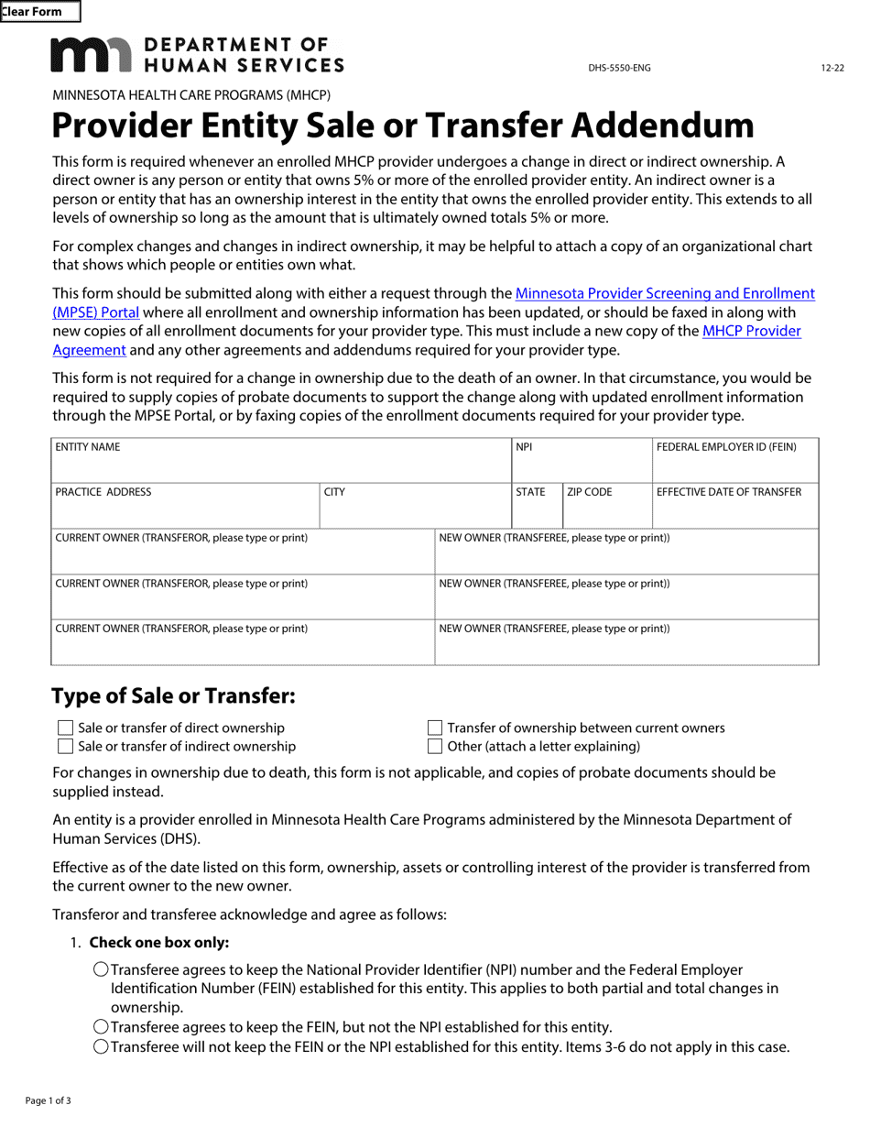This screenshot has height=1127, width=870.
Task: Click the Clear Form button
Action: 39,12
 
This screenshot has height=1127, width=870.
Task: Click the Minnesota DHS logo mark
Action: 91,55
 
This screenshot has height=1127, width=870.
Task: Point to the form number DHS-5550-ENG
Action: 619,68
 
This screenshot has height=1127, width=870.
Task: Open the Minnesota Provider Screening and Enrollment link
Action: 664,294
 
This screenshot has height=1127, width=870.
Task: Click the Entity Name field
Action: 280,465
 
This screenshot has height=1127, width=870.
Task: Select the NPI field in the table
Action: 581,465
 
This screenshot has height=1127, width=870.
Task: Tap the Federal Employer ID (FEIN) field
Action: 734,465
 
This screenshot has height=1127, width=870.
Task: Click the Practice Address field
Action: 185,511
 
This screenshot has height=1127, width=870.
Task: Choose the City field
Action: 415,511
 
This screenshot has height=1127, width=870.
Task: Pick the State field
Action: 536,511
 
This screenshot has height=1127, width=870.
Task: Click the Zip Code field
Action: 606,511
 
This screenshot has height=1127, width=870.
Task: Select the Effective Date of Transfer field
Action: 734,511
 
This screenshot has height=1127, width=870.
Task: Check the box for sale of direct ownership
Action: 65,728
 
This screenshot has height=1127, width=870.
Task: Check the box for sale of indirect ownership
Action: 65,747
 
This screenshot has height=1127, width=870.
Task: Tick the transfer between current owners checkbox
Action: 435,728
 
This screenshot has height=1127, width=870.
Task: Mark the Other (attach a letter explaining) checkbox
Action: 435,747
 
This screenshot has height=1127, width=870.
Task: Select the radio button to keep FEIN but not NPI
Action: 101,1027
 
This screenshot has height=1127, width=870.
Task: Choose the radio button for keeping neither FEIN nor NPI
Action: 101,1046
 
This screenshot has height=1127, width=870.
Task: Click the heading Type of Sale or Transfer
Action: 173,696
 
